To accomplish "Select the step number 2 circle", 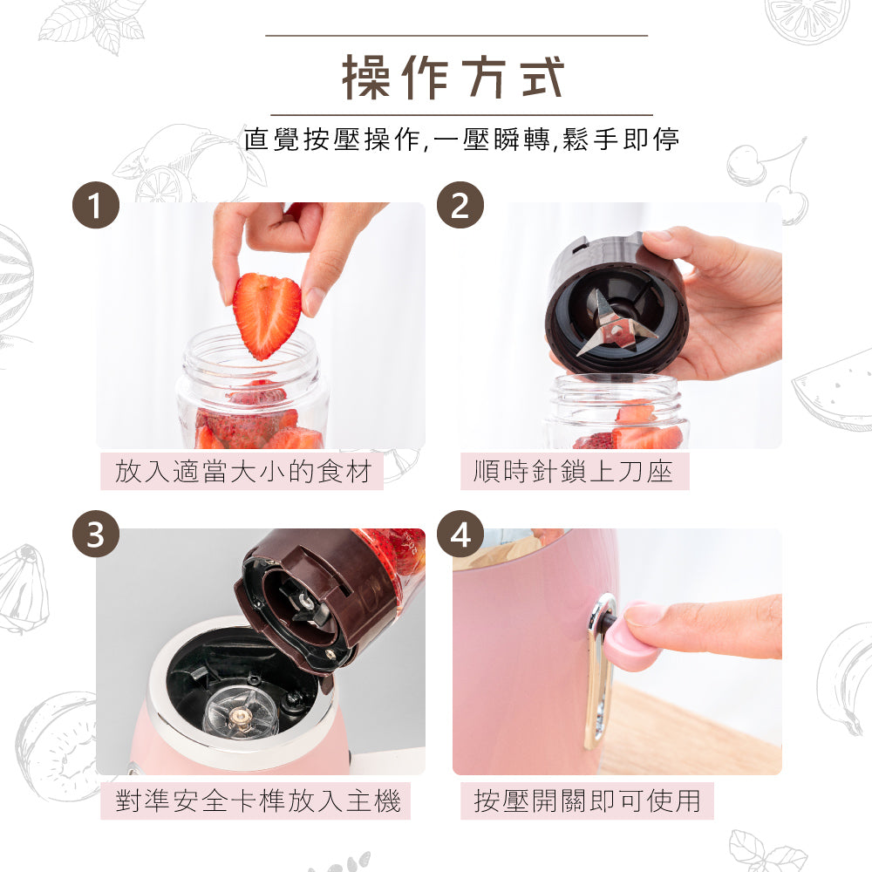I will [460, 206].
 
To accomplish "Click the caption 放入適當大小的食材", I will [243, 472].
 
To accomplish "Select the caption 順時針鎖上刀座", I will [573, 472].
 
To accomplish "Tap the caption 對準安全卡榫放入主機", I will [257, 800].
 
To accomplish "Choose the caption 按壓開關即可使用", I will [587, 800].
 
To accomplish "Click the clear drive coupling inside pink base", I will [239, 712].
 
